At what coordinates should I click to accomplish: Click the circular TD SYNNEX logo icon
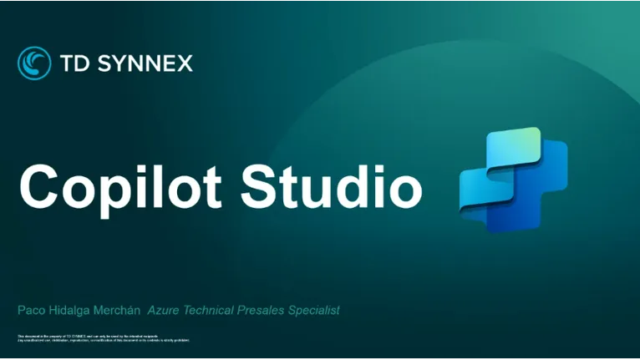34,63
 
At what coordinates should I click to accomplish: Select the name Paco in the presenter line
30,311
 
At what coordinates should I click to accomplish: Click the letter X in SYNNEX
184,63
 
